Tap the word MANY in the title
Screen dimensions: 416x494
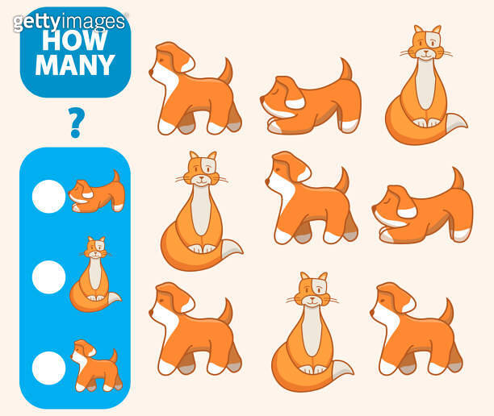75,64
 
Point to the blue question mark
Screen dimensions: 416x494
76,122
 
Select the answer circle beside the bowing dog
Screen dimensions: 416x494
48,196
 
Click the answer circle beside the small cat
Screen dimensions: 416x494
48,277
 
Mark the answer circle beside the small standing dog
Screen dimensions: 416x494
48,368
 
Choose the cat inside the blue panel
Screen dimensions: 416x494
94,276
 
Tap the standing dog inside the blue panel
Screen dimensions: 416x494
94,366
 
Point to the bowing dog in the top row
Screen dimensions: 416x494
311,99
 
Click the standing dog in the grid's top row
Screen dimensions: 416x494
194,89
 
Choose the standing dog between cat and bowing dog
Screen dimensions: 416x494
309,198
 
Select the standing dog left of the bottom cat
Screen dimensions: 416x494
194,330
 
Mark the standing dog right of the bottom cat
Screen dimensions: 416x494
415,330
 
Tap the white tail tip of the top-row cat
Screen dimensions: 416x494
458,123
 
